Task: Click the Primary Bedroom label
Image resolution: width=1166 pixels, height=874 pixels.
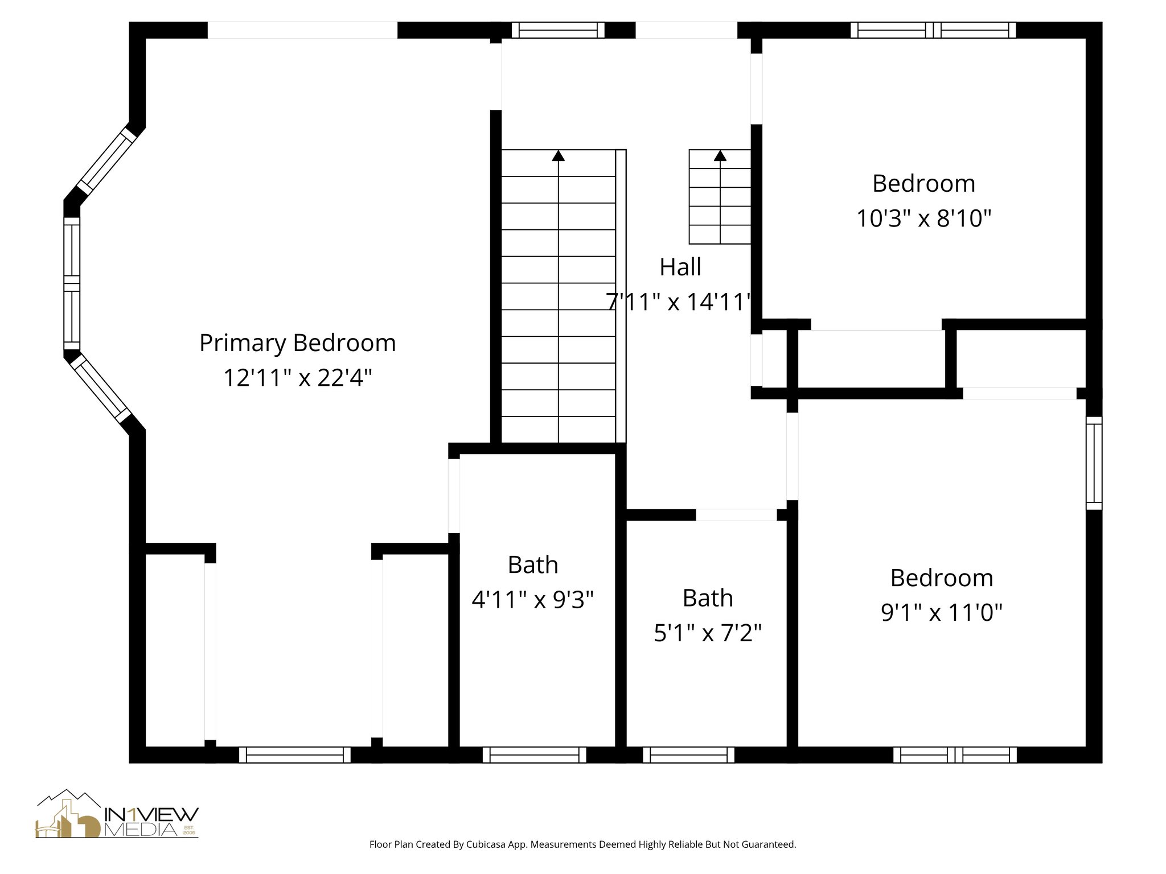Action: (x=297, y=343)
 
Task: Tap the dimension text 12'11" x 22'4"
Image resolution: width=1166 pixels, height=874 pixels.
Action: (x=297, y=378)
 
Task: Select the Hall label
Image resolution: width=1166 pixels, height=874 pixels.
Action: (x=680, y=267)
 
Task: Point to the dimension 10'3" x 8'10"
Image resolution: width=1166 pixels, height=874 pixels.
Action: (x=924, y=218)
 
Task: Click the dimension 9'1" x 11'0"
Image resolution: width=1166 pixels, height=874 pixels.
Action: (x=941, y=613)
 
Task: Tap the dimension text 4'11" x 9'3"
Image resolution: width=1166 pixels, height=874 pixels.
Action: (x=533, y=600)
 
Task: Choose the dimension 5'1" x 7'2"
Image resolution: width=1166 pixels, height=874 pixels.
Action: (x=708, y=633)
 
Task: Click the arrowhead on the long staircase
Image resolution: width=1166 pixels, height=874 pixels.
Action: (x=559, y=155)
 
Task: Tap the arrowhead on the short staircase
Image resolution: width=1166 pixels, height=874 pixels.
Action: (x=720, y=155)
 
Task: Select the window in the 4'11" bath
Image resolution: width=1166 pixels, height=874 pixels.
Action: (x=534, y=755)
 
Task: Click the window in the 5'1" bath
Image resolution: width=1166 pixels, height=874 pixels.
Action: (x=688, y=755)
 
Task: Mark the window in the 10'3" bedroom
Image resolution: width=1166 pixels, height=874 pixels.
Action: (x=933, y=30)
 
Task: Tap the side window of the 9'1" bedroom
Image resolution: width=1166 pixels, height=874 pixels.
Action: (x=1094, y=463)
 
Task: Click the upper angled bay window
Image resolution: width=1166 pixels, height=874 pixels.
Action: (x=107, y=160)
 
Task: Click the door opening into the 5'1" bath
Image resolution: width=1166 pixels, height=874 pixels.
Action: (x=736, y=515)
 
